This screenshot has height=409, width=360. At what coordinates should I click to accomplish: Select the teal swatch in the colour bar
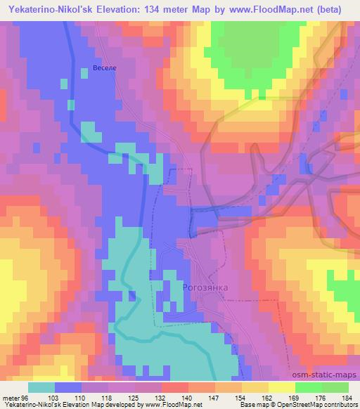pos(41,387)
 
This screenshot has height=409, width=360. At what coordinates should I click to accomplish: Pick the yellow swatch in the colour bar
pos(282,387)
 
